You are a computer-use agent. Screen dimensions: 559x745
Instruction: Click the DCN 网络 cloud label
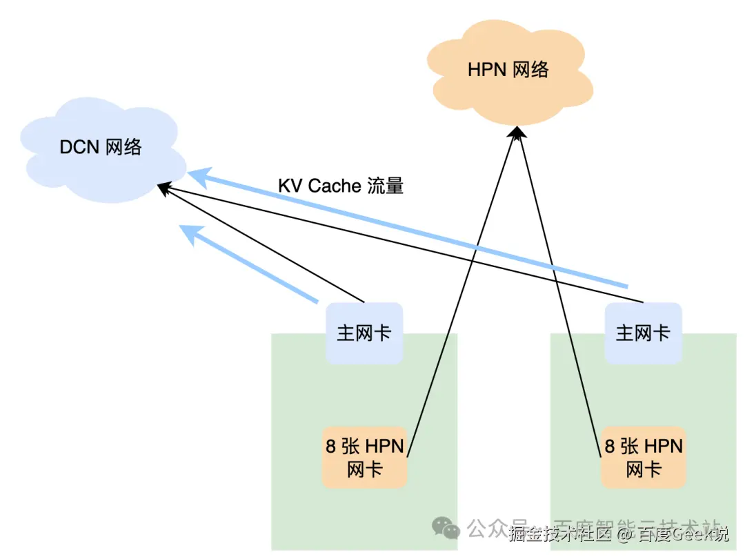coord(101,147)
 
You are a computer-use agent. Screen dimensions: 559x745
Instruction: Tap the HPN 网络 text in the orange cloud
coord(508,70)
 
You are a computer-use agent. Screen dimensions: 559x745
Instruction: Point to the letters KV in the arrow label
coord(290,186)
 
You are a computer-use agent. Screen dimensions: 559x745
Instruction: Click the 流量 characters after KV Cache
coord(386,186)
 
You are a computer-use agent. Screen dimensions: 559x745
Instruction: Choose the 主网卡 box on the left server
coord(364,333)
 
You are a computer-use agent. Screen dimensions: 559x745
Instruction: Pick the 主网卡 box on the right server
coord(643,333)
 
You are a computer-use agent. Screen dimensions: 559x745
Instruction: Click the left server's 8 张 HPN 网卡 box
coord(364,458)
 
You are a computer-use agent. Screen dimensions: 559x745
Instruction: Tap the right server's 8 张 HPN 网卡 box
coord(643,458)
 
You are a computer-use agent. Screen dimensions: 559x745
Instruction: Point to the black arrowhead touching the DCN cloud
coord(162,186)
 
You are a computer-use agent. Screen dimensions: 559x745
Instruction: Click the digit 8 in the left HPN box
coord(332,446)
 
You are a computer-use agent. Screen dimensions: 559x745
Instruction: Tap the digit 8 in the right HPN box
coord(610,446)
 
